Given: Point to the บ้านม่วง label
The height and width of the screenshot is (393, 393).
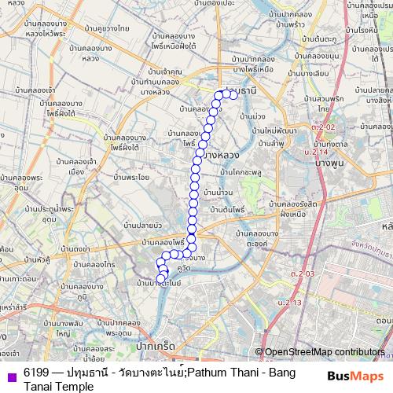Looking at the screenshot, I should pyautogui.click(x=248, y=116).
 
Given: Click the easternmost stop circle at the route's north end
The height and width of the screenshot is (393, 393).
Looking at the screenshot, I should pyautogui.click(x=233, y=94).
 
